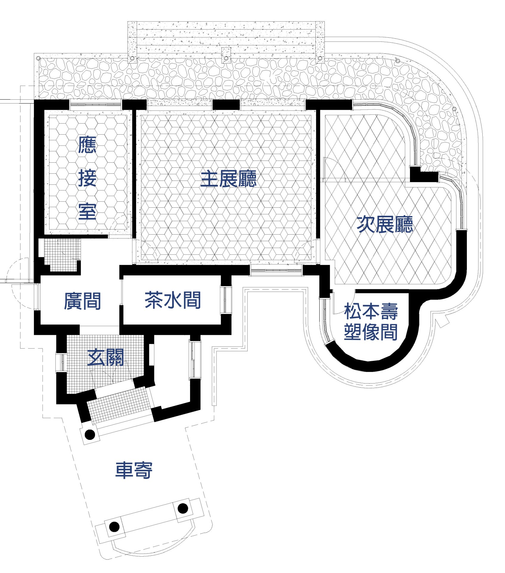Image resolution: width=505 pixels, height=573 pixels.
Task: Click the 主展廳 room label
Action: (228, 179)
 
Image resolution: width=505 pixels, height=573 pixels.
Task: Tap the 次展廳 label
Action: (385, 224)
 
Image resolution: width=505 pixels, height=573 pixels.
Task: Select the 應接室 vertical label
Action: (87, 178)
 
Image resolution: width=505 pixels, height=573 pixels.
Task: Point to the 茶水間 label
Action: (173, 300)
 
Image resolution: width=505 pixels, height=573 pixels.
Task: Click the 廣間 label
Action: (83, 301)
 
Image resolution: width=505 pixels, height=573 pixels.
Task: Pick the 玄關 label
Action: (105, 357)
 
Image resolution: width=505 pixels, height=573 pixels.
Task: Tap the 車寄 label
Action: (134, 470)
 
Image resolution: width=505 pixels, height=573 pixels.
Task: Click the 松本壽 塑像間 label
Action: (371, 322)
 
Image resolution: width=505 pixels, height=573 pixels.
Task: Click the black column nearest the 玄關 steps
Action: (90, 434)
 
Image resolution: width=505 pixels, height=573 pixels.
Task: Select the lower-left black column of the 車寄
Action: (114, 526)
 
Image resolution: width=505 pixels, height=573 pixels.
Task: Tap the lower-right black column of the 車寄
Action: (183, 508)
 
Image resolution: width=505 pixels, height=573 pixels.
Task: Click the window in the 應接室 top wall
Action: (96, 105)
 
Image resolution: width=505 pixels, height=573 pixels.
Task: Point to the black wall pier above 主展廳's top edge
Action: (226, 104)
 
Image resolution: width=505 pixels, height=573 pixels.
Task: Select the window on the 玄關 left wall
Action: (62, 363)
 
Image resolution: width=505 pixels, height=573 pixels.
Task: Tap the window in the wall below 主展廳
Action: (276, 270)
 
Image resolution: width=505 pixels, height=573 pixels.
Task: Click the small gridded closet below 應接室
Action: (62, 254)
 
